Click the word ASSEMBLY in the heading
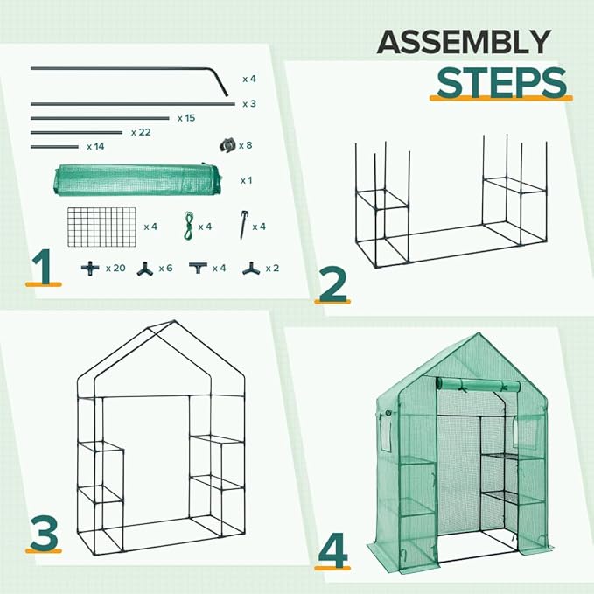[x=464, y=41]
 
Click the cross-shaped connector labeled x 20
[x=87, y=268]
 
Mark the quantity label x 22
[x=140, y=132]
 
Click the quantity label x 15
[x=185, y=117]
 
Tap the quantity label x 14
[x=95, y=147]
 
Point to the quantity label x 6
[x=165, y=268]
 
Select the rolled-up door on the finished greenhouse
[x=479, y=385]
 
